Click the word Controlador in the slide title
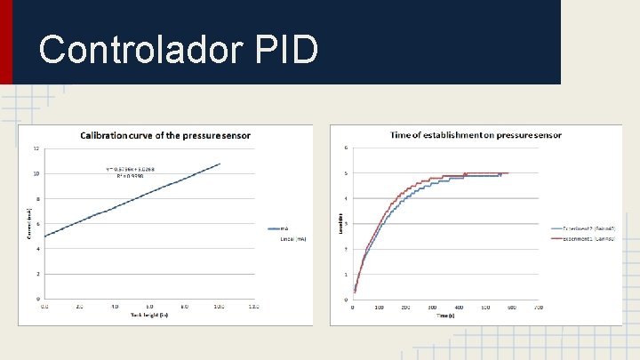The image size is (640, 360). point(137,50)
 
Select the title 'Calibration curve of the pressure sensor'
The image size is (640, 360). point(165,136)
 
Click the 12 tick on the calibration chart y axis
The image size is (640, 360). point(36,148)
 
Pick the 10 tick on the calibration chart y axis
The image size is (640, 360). point(36,173)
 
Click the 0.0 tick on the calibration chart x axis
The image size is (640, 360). point(45,307)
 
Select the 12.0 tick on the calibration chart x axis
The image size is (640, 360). point(254,307)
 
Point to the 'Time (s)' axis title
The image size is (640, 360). point(444,316)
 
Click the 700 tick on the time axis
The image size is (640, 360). point(538,308)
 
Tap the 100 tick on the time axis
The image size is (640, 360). point(380,308)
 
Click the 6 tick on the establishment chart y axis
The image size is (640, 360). point(347,148)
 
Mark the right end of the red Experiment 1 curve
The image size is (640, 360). point(508,173)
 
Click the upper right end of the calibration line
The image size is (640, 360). point(220,164)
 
